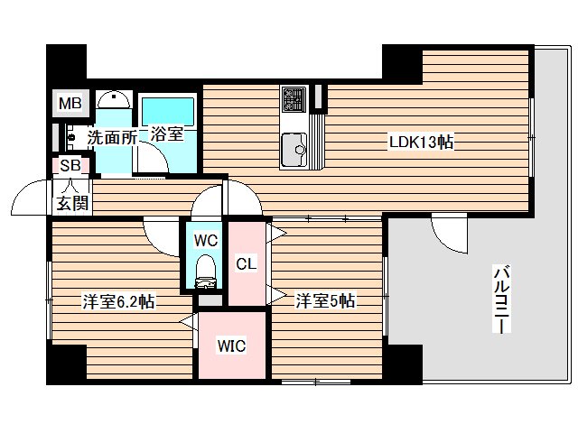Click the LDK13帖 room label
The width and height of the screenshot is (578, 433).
pos(421,142)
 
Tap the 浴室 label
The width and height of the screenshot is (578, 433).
pos(167,134)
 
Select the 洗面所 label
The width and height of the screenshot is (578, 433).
pos(111,138)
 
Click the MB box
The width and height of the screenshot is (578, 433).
pos(70,104)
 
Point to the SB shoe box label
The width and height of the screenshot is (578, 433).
pos(70,166)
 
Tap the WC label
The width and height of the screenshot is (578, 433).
pos(205,241)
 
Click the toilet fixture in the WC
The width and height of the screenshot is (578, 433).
pos(206,269)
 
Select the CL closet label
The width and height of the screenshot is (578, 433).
pos(246,263)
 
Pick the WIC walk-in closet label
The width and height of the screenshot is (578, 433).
pos(232,345)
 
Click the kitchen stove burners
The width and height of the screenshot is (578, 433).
pos(294,97)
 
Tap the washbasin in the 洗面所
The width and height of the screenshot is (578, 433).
pos(113,101)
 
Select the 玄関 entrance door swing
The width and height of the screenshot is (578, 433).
pos(32,194)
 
